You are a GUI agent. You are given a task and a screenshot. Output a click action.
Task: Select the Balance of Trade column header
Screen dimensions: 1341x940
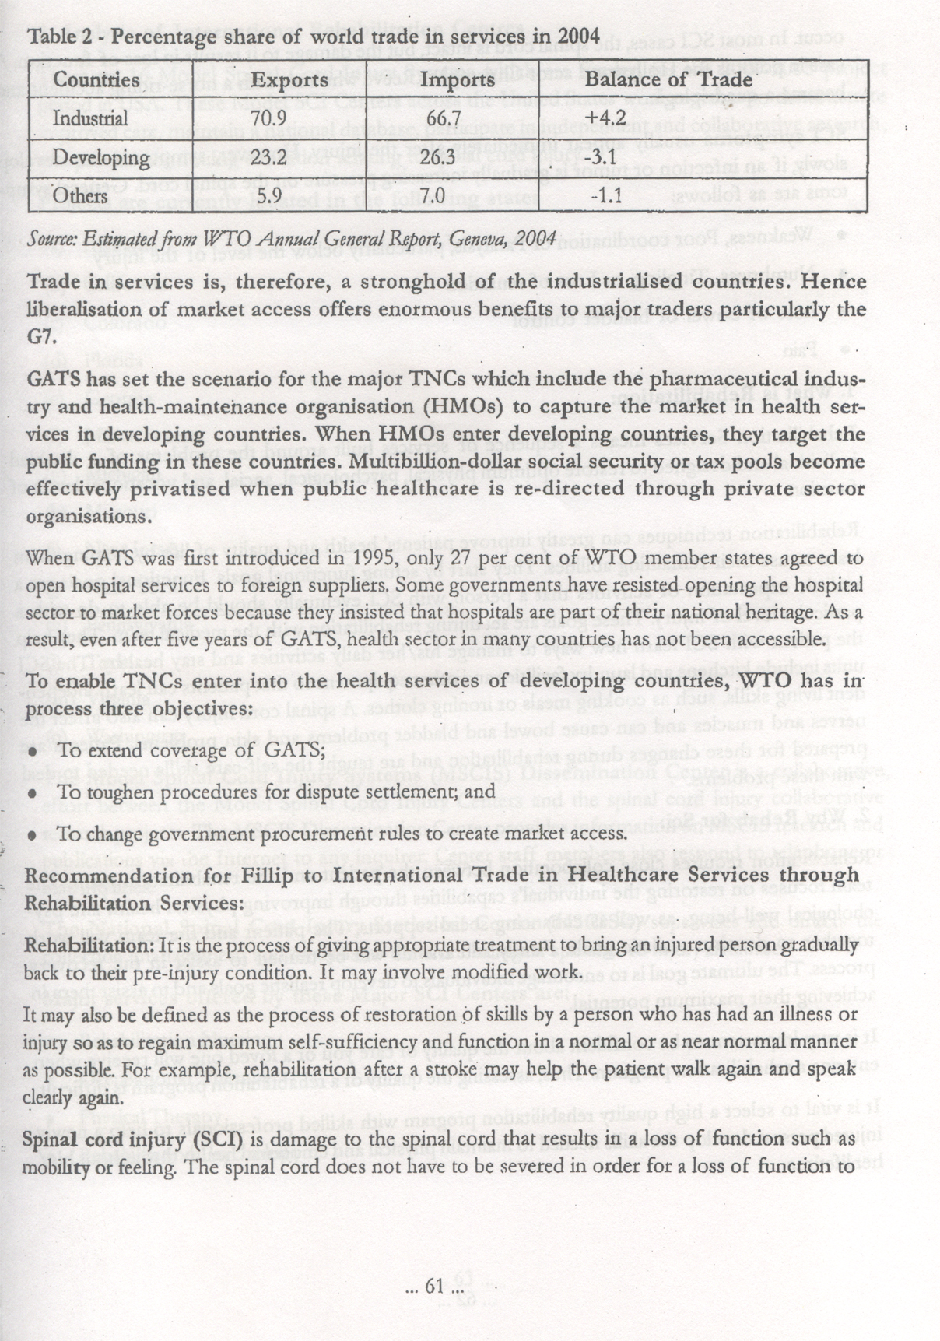668,80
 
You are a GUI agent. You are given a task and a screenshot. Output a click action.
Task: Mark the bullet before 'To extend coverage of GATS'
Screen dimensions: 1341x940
33,752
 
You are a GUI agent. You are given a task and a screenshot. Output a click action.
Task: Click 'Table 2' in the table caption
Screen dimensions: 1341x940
57,36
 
